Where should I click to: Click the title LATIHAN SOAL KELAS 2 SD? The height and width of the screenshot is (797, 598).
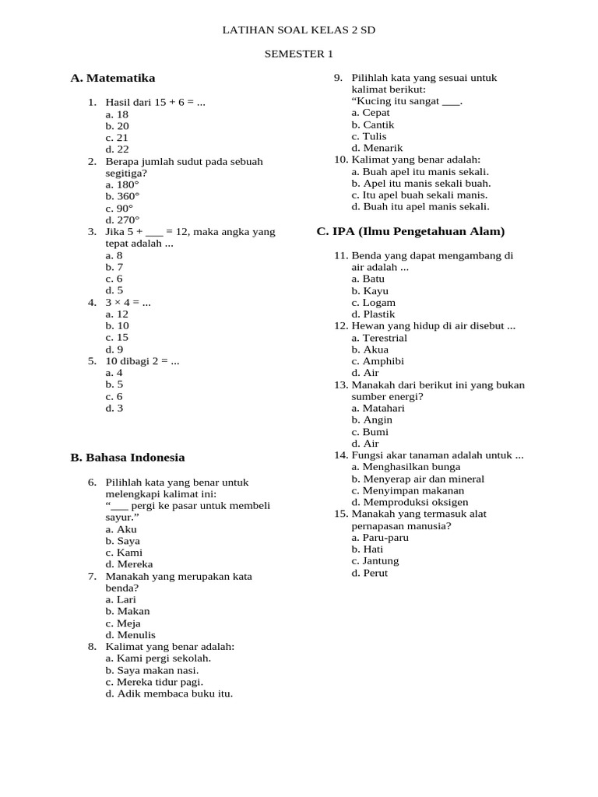click(299, 30)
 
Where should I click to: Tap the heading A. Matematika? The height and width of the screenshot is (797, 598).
click(113, 78)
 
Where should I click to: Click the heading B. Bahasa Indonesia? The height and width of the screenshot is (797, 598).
click(128, 458)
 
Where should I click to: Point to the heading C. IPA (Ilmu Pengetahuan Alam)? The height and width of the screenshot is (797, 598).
click(410, 231)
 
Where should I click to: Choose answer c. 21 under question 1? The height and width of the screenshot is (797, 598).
click(118, 138)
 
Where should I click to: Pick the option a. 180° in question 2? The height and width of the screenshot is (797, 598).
click(122, 185)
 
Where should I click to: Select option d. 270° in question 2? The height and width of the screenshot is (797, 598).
click(122, 220)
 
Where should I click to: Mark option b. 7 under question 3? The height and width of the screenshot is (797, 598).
click(114, 267)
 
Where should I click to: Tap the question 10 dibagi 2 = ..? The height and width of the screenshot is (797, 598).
click(142, 361)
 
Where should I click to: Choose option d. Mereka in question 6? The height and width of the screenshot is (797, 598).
click(129, 564)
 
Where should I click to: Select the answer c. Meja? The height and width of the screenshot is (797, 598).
click(123, 623)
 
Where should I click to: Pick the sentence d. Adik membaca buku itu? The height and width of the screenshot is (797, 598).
click(170, 693)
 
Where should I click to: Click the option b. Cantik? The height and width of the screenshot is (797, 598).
click(373, 125)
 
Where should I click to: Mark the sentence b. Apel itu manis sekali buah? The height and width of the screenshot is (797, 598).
click(421, 184)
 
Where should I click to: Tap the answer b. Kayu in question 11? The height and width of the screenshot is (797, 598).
click(370, 291)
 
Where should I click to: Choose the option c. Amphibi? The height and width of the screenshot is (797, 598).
click(378, 361)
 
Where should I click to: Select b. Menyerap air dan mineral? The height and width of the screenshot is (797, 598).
click(417, 479)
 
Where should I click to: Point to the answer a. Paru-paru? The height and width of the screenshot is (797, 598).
click(380, 538)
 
